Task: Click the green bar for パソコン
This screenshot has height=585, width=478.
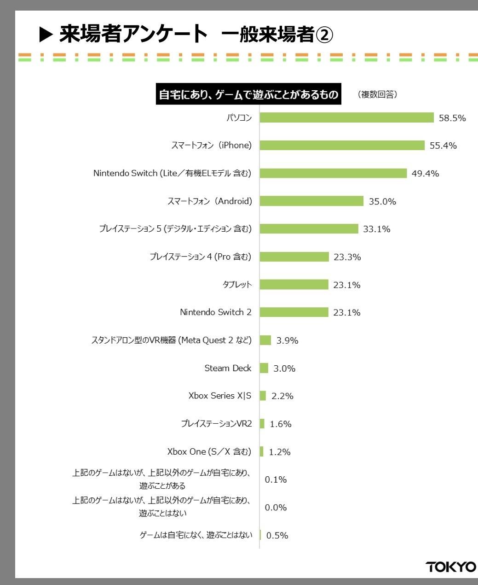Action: [x=346, y=117]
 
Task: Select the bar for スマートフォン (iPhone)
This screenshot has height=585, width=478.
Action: [x=342, y=145]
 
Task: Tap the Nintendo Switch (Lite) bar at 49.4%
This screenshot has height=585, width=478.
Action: [x=333, y=173]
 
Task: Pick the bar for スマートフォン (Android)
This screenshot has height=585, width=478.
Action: [x=311, y=201]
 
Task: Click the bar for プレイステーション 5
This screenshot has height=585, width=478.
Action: [x=309, y=228]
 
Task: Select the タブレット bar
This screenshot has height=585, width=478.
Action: [x=294, y=284]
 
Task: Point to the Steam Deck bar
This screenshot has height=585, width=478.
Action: [x=264, y=368]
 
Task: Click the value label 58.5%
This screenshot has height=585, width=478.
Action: [x=452, y=118]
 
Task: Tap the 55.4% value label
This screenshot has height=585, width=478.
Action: [x=443, y=146]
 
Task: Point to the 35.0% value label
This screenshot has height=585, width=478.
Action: [x=382, y=201]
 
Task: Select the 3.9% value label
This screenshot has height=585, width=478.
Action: [x=288, y=340]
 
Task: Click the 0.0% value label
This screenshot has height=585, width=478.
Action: [x=276, y=507]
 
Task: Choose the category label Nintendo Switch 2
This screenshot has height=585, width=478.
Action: [x=216, y=312]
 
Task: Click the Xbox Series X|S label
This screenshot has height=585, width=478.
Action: [x=220, y=396]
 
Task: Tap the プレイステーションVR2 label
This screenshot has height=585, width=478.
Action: [x=216, y=423]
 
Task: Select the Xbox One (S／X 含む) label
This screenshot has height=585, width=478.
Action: [x=209, y=451]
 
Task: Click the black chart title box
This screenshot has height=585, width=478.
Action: [x=248, y=94]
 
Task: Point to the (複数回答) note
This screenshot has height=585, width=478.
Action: [x=377, y=94]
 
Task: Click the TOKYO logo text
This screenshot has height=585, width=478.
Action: [x=451, y=567]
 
